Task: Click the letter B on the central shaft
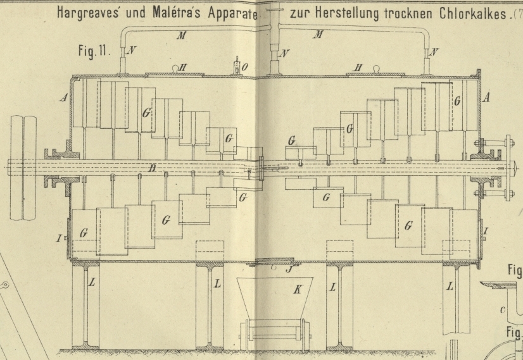click(151, 168)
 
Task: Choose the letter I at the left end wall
click(58, 238)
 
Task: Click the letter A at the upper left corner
click(63, 98)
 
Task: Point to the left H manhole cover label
click(184, 66)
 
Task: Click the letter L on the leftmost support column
click(92, 282)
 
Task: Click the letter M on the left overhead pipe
click(181, 36)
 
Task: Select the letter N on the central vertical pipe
click(284, 54)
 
